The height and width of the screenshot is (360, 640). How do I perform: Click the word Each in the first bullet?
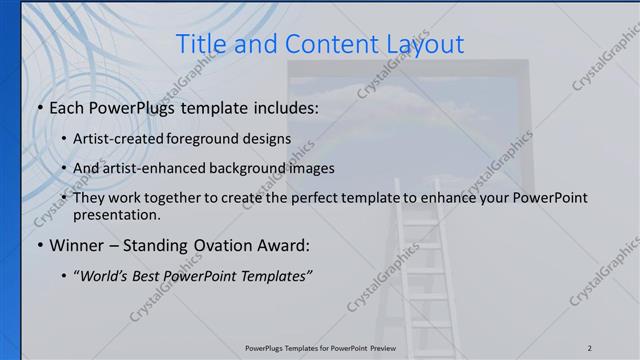pos(69,106)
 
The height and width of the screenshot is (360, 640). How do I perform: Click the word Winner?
pos(78,245)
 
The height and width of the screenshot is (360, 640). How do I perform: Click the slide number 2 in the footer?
pos(590,348)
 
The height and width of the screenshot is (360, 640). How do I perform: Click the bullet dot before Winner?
pos(39,245)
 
